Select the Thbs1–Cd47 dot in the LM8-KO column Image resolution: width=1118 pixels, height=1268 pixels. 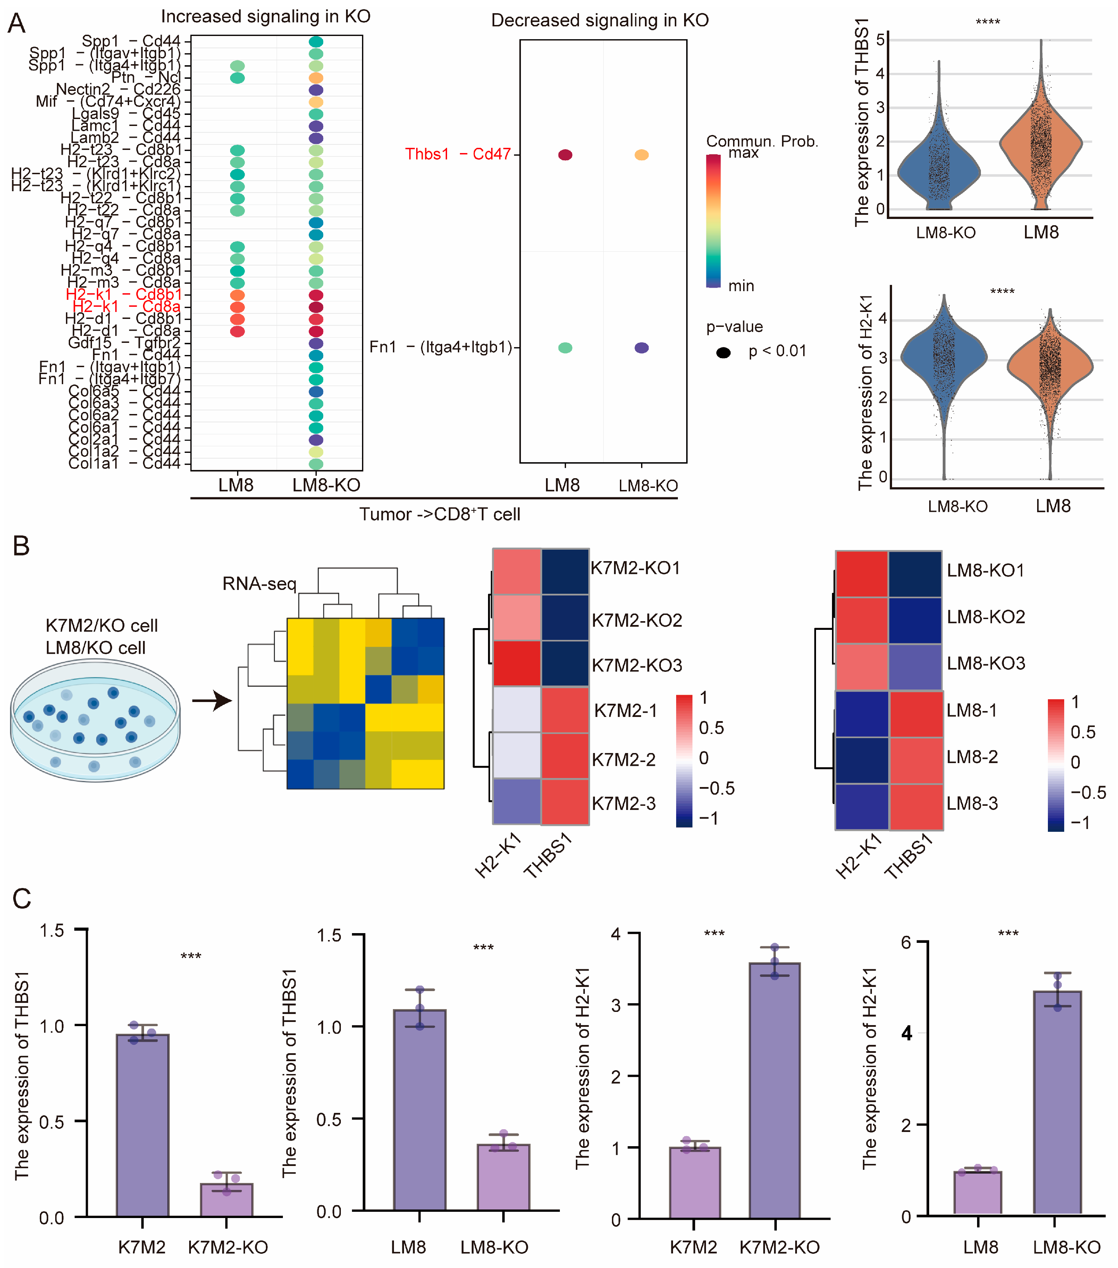tap(641, 154)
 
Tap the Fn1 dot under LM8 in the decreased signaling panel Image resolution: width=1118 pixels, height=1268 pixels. tap(565, 348)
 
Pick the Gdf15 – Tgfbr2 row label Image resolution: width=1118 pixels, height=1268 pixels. tap(124, 343)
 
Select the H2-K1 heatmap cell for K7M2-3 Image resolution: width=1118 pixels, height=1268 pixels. tap(516, 802)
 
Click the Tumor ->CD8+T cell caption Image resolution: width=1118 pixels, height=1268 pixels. tap(439, 514)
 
